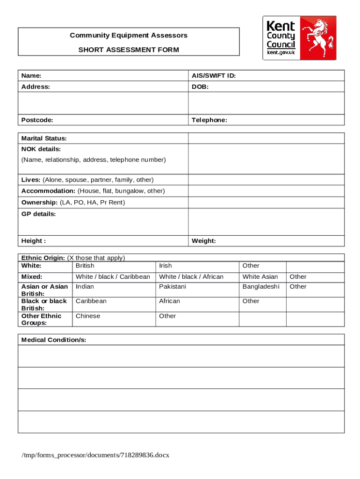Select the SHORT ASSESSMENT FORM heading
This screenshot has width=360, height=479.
(129, 50)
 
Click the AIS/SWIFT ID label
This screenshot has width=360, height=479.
(213, 75)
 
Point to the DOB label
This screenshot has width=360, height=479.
(200, 87)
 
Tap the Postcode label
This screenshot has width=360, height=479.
(37, 120)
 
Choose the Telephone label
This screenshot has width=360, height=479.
(209, 120)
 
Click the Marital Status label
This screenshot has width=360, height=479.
(44, 138)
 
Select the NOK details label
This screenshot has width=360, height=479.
(41, 149)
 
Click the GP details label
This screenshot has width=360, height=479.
(39, 214)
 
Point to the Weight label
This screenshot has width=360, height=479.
(204, 241)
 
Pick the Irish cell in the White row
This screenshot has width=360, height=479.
(166, 266)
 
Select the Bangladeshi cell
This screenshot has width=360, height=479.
(261, 286)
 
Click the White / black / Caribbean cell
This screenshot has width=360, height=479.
(113, 276)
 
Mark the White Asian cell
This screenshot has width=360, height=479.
(260, 276)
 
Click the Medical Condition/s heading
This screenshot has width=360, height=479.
(54, 340)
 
